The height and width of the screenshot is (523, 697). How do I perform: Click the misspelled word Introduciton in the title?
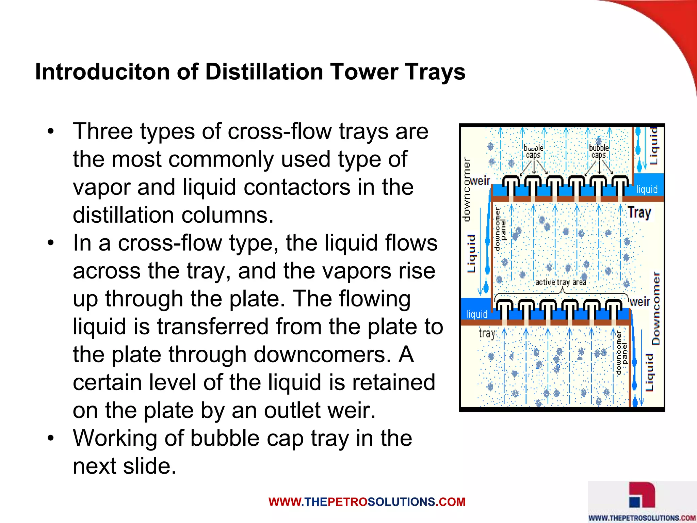tap(102, 72)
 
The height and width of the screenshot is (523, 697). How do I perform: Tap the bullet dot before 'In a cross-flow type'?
tap(51, 243)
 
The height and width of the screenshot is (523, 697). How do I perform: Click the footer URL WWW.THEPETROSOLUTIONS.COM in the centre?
tap(367, 502)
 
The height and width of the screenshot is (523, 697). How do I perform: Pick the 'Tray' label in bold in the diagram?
tap(639, 212)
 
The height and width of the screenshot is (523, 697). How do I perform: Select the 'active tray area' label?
tap(561, 282)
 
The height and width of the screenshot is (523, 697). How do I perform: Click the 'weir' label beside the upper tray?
tap(480, 181)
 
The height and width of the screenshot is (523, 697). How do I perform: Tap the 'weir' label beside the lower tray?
tap(640, 302)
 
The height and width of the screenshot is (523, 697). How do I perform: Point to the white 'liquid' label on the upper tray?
tap(647, 189)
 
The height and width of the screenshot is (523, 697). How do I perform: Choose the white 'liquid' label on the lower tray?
tap(476, 314)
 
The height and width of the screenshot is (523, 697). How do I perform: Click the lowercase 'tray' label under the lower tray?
tap(487, 333)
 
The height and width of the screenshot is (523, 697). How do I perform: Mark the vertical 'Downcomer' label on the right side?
tap(656, 308)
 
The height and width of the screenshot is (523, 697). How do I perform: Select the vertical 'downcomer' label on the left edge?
tap(467, 189)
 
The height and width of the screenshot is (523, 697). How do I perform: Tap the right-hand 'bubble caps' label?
tap(599, 151)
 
